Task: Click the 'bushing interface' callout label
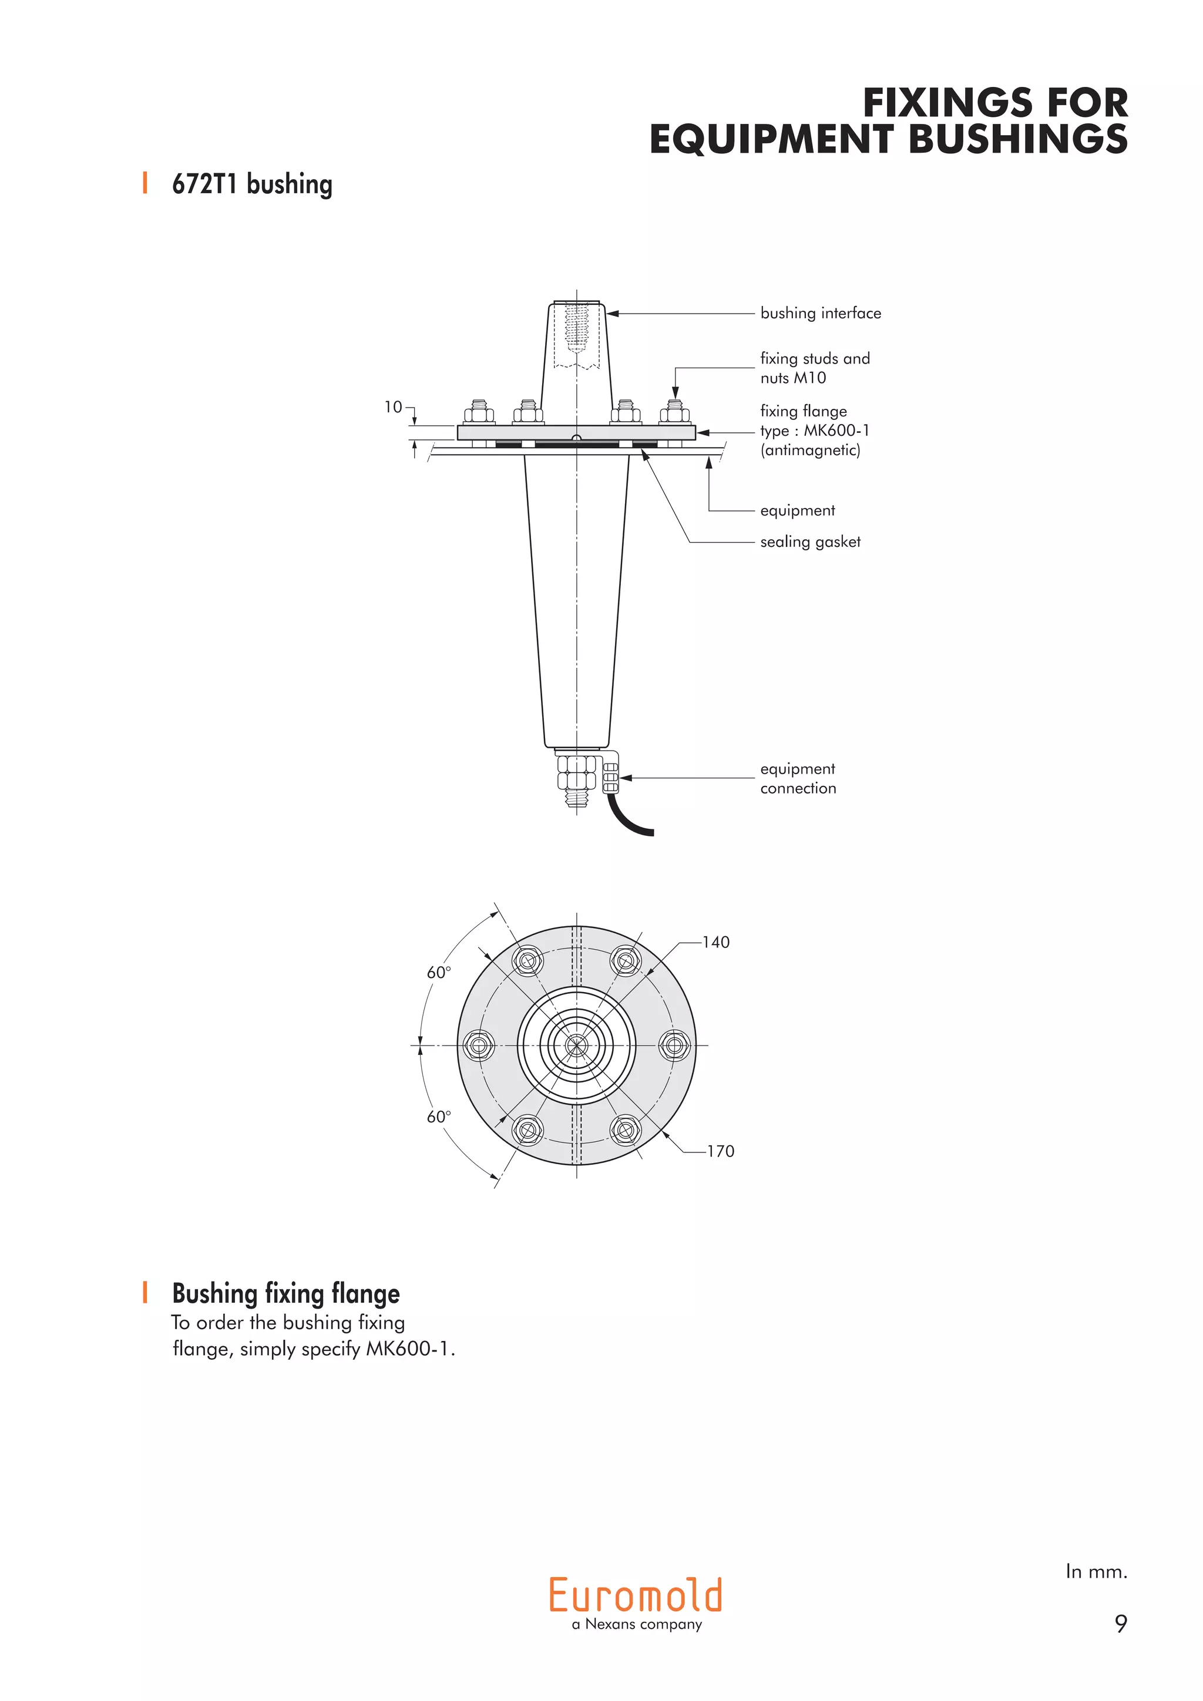820,314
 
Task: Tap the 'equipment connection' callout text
798,779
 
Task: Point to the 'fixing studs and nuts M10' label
814,368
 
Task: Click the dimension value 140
715,942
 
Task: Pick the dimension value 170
720,1151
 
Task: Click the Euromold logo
636,1596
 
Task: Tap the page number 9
1121,1623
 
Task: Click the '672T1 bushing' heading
252,184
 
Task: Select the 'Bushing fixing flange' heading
285,1293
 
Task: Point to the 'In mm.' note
1096,1571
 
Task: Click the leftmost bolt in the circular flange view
479,1046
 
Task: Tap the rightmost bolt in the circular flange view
674,1046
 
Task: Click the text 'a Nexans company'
636,1624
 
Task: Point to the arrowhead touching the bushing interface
613,314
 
